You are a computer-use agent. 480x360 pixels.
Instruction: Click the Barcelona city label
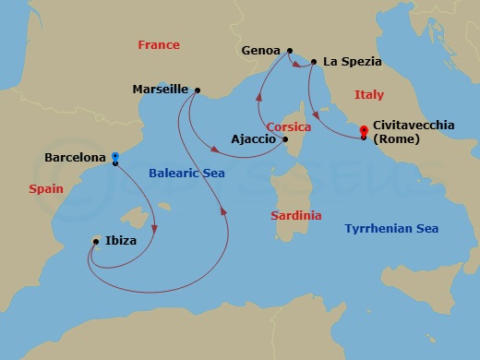pos(75,158)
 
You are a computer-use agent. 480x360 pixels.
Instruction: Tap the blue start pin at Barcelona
pos(114,157)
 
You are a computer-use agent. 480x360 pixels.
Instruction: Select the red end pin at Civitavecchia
pos(364,130)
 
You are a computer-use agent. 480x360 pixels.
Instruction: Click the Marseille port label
pos(161,90)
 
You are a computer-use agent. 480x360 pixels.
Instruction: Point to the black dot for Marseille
pos(197,90)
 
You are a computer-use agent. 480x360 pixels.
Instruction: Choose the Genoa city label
pos(261,51)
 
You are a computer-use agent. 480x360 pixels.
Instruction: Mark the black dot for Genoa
pos(290,51)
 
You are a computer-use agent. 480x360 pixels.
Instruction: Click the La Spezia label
pos(352,63)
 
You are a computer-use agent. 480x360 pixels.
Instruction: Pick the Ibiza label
pos(121,241)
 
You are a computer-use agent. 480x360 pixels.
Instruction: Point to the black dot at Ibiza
pos(96,242)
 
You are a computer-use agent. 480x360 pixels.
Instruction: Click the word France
pos(158,44)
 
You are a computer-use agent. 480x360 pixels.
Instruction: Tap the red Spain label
pos(45,187)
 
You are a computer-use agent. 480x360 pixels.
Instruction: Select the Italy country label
pos(369,95)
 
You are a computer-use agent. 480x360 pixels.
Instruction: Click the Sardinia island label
pos(296,215)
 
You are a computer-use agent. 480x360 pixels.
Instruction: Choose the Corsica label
pos(288,126)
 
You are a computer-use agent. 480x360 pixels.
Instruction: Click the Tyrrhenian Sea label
pos(391,228)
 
